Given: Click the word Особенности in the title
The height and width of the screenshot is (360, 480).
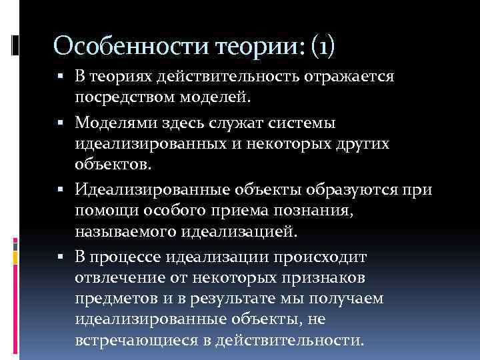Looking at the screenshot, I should pyautogui.click(x=129, y=46).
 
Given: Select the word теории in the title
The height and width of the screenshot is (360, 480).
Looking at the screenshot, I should pyautogui.click(x=255, y=46).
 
